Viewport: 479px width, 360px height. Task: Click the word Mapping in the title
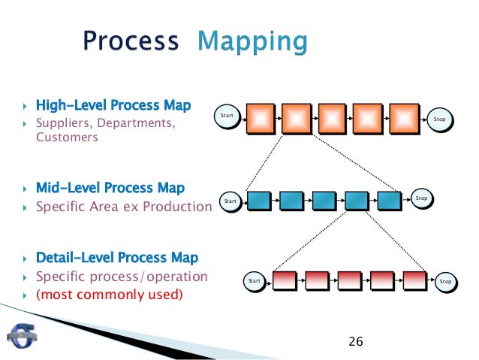[252, 41]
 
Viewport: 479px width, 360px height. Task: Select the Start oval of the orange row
[227, 116]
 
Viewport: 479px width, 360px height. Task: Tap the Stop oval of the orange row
[440, 119]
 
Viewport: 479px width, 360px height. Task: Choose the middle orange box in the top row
[333, 119]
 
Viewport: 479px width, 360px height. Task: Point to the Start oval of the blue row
[230, 201]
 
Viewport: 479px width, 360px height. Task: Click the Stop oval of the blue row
[421, 198]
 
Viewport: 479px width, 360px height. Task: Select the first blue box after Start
[258, 201]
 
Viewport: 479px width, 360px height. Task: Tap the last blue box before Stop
[389, 201]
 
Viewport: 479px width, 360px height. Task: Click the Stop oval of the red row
[445, 281]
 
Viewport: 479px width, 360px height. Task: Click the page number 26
[356, 342]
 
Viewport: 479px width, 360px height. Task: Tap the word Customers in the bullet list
[67, 138]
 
